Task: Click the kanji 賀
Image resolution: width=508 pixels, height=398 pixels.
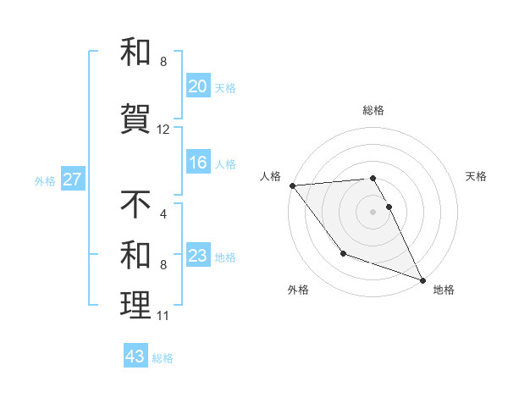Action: pos(136,115)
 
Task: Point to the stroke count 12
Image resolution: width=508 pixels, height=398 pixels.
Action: pos(163,130)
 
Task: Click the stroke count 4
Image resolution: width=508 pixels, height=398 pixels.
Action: pos(163,214)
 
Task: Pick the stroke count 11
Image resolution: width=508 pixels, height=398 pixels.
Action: pos(163,317)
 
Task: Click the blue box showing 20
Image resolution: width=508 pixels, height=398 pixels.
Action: pos(198,86)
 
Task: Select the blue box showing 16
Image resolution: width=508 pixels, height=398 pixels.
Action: pos(198,163)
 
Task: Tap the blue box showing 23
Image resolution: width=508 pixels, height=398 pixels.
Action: pos(198,256)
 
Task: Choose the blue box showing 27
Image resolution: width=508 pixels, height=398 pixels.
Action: pos(72,180)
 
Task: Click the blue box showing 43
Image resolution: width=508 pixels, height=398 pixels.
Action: pos(135,357)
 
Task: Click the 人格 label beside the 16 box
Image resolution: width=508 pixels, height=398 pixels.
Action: pos(225,163)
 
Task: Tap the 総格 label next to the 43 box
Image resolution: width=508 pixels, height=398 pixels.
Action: pos(163,358)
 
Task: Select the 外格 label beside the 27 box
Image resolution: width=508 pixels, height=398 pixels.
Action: pos(45,180)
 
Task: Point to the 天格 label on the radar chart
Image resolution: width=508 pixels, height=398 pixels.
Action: pos(477,176)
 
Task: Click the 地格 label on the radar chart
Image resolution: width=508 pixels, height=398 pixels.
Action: pos(444,290)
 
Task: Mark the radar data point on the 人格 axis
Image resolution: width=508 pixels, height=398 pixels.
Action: pos(292,185)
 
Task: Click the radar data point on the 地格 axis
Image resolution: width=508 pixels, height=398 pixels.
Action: pos(423,280)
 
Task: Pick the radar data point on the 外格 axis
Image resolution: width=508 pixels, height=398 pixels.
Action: pos(343,252)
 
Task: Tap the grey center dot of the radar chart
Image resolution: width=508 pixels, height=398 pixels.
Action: pos(373,212)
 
